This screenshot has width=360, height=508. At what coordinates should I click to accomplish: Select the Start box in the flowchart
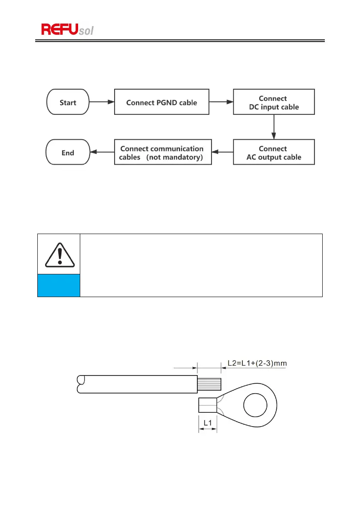coord(68,102)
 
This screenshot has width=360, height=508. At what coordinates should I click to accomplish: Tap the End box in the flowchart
coord(68,153)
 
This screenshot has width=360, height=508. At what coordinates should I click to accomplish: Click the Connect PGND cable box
coord(161,102)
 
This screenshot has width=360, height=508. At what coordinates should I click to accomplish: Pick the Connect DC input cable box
coord(273,102)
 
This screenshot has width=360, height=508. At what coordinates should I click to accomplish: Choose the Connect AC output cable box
coord(273,153)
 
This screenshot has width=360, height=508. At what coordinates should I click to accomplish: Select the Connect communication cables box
coord(161,153)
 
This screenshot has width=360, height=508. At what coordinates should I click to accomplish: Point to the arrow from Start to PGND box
coord(102,102)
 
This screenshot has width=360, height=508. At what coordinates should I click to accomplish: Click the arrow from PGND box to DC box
coord(221,102)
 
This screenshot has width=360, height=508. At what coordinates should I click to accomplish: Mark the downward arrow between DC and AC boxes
coord(273,127)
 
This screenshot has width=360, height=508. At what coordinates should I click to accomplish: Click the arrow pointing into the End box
coord(102,152)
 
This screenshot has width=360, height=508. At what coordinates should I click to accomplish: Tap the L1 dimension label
coord(208,423)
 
